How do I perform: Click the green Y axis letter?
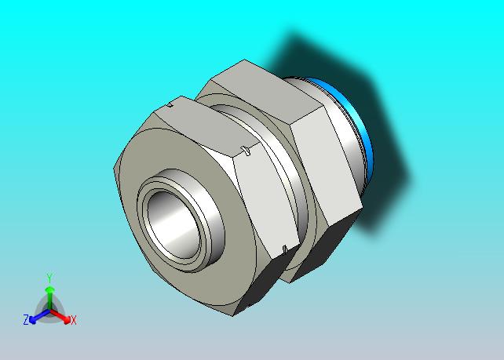(49, 278)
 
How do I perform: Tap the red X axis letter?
(74, 320)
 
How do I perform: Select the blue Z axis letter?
(26, 319)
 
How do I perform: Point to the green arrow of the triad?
(49, 298)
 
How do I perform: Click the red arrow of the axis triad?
(60, 316)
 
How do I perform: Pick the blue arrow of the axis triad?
(39, 316)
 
